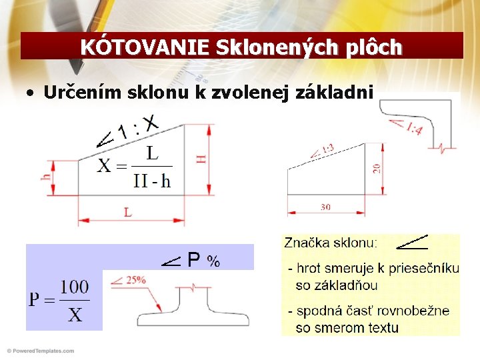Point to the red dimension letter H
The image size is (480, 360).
pos(201,159)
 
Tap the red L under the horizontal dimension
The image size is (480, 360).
pos(127,213)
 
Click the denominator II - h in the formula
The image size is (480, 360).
pos(151,181)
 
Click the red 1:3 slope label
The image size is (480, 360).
pos(327,149)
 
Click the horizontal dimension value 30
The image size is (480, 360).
pos(325,207)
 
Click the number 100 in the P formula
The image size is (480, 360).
pos(75,287)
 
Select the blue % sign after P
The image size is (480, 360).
pos(213,261)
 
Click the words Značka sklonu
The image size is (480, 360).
pos(331,243)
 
